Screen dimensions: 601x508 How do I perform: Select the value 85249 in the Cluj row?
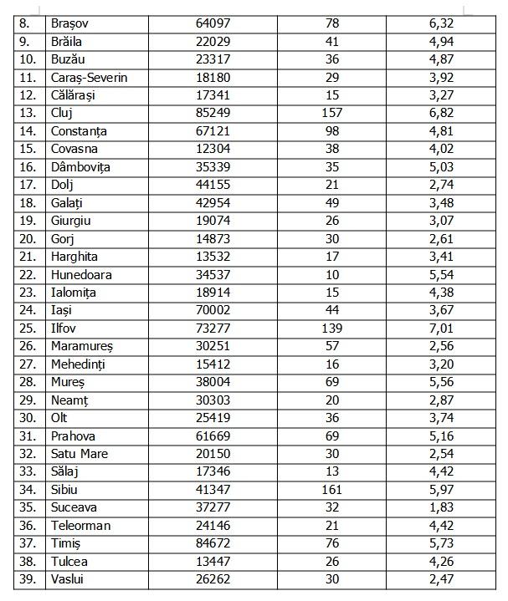tap(213, 113)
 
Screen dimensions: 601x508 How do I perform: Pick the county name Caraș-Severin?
tap(90, 77)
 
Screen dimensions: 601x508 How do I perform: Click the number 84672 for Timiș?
tap(213, 543)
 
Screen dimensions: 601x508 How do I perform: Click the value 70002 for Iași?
tap(213, 310)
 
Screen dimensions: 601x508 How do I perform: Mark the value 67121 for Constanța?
tap(213, 131)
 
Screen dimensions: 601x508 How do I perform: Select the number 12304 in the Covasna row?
tap(213, 149)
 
